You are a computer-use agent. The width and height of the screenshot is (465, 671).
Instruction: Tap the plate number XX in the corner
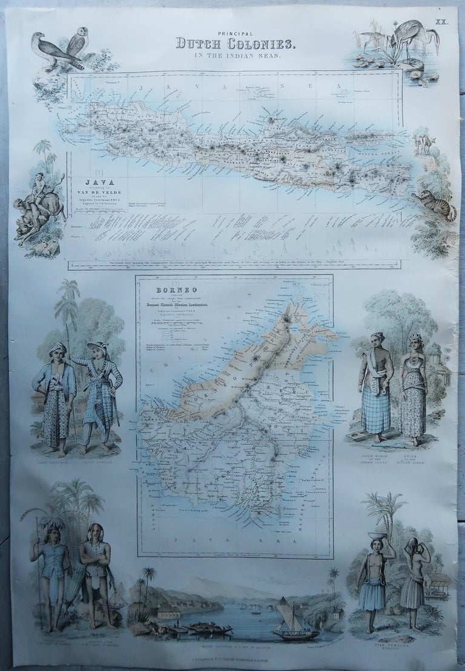(x=445, y=22)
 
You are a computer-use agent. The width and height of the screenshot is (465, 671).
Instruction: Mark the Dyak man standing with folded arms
(x=96, y=565)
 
